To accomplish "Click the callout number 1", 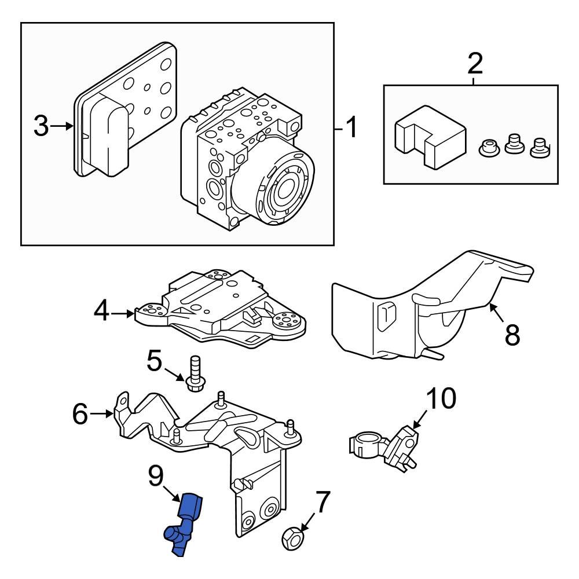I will pos(351,128).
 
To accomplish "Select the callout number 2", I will pos(474,64).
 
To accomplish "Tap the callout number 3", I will pos(41,126).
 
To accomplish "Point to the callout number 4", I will pos(101,313).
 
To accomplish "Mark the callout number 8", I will pos(512,334).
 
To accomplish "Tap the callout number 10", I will pos(441,399).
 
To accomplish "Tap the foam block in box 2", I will pos(430,138).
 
